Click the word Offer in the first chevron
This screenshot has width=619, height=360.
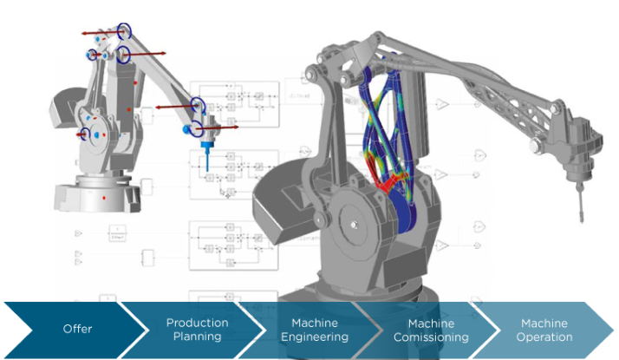76,329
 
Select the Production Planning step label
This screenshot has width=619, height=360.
197,330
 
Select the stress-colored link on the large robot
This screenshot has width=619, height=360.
390,130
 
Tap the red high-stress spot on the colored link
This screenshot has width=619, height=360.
387,183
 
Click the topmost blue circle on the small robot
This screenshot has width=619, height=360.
126,31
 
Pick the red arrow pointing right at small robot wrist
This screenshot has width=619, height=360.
227,128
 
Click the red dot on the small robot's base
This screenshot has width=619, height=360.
105,199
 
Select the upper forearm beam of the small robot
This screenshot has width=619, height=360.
165,74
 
